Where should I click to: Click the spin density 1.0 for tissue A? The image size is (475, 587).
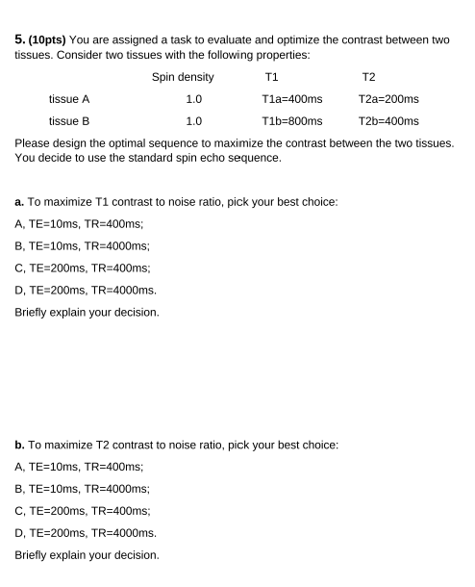(193, 99)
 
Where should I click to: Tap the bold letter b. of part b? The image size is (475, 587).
(19, 445)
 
